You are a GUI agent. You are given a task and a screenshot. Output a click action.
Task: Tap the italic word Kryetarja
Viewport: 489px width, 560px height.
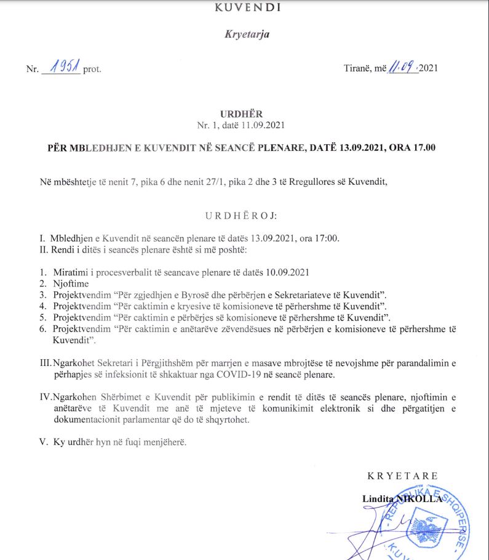point(247,34)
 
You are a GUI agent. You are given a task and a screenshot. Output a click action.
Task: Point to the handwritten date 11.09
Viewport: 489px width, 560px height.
point(402,67)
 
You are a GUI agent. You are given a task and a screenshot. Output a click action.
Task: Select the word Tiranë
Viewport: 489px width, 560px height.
point(357,68)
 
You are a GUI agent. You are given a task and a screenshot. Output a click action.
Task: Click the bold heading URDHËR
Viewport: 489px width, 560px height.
point(241,114)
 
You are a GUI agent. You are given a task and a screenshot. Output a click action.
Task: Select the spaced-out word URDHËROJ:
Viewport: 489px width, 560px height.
point(241,216)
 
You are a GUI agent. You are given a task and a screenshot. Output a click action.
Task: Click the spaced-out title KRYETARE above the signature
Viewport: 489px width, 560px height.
point(402,476)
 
